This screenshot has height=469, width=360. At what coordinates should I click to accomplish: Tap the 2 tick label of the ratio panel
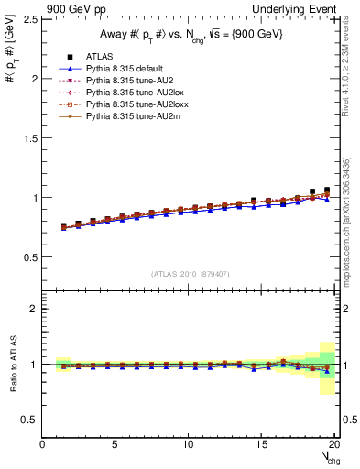coord(34,309)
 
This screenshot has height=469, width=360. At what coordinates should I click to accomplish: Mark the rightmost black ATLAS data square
coord(327,191)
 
